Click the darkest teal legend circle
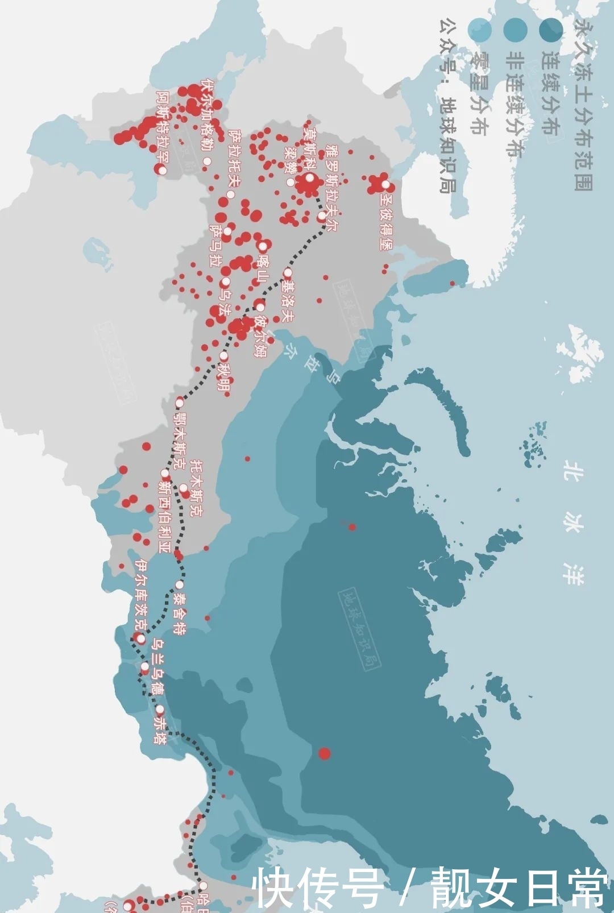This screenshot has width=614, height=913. tap(550, 29)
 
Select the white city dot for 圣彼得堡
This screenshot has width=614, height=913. tap(386, 185)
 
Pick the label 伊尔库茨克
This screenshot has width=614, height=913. tap(142, 595)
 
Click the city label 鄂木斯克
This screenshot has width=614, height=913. tap(179, 441)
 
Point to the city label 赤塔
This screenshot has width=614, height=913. tap(161, 730)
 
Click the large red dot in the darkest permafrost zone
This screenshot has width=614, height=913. tap(324, 754)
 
